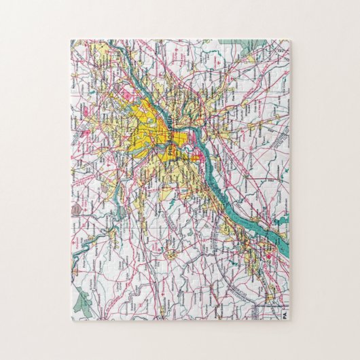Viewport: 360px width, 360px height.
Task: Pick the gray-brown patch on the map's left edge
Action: click(73, 213)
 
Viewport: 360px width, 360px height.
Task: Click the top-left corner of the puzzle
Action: click(70, 40)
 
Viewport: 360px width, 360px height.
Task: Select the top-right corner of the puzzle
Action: click(290, 40)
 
